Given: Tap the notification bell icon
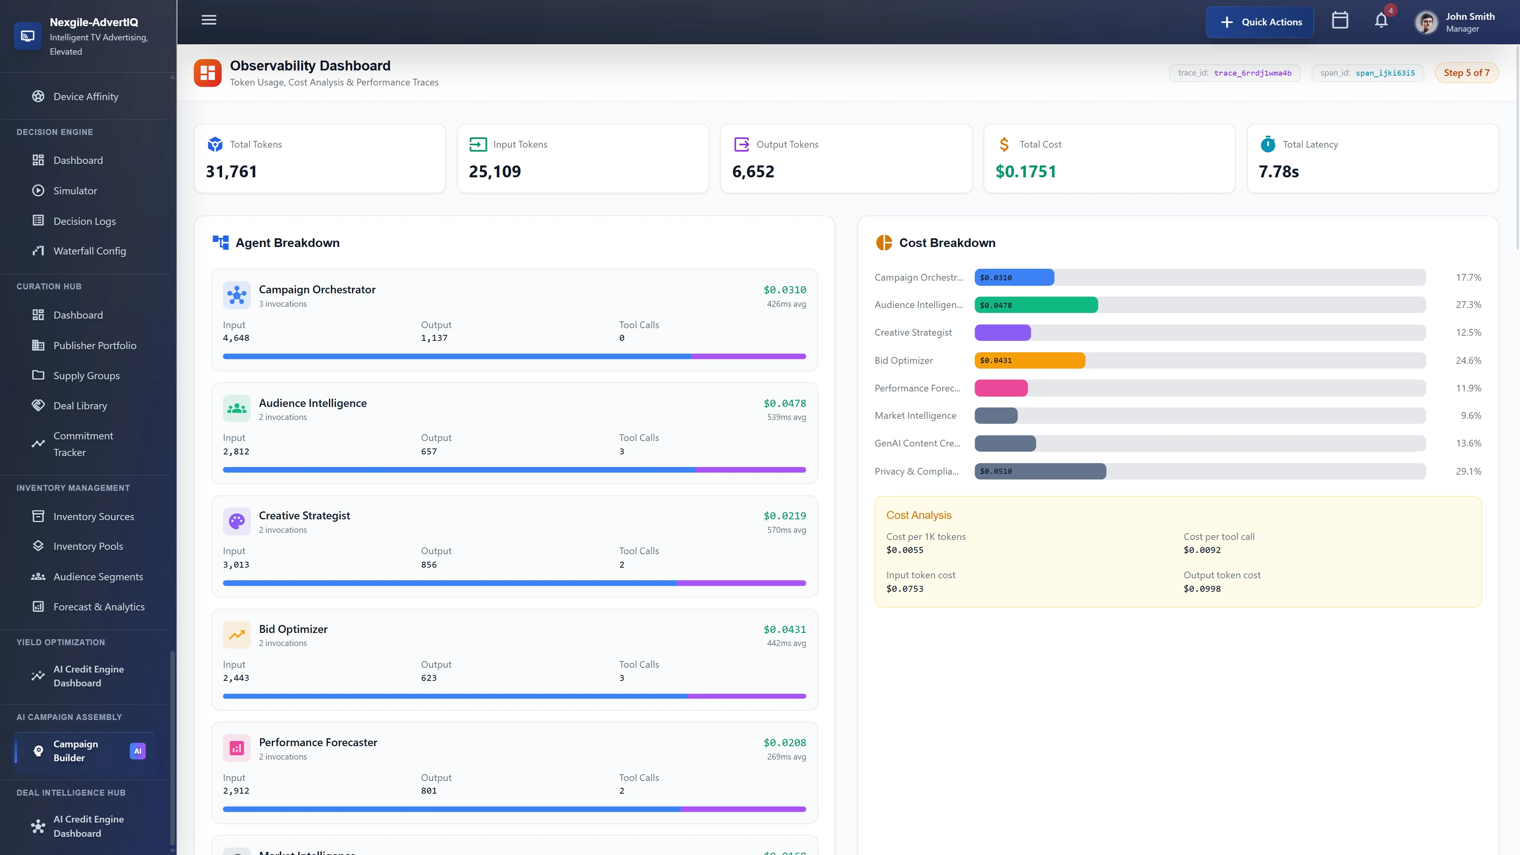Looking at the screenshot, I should click(x=1381, y=21).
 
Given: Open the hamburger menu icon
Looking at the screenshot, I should click(x=209, y=20).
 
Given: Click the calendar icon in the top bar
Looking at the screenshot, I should click(x=1339, y=21).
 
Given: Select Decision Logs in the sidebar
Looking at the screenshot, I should click(x=84, y=221).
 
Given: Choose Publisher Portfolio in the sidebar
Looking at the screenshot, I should click(x=95, y=345).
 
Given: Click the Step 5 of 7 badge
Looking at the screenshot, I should click(x=1466, y=72).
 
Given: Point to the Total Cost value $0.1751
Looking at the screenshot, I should click(x=1026, y=172).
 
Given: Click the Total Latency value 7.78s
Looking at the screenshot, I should click(x=1279, y=172).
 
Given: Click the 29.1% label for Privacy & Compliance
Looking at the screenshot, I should click(x=1468, y=471).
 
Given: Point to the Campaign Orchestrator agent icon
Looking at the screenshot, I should click(x=237, y=295).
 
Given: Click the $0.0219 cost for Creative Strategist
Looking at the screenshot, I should click(x=784, y=516).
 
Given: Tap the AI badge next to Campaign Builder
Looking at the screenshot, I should click(x=137, y=750).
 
